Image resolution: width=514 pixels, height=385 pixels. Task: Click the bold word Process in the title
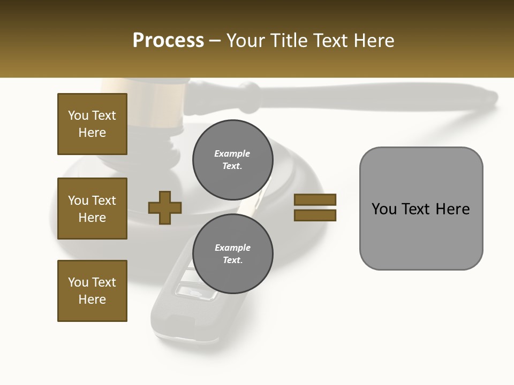[168, 41]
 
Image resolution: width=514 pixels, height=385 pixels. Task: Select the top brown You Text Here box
[92, 124]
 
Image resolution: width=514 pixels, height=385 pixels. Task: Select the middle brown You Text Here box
[92, 209]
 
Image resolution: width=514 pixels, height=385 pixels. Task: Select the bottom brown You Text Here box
[92, 290]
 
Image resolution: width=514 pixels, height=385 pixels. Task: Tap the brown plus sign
[165, 207]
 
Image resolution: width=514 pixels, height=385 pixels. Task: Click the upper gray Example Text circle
[232, 159]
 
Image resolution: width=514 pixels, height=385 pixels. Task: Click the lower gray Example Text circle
[232, 253]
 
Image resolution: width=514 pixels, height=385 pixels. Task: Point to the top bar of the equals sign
[315, 199]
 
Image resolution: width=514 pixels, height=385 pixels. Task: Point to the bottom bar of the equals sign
[315, 215]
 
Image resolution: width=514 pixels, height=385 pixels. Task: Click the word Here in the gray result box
[453, 209]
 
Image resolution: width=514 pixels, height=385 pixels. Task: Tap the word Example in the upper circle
[232, 153]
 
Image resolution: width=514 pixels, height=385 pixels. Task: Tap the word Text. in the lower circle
[232, 260]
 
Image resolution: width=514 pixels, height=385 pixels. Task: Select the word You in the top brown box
[78, 115]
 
